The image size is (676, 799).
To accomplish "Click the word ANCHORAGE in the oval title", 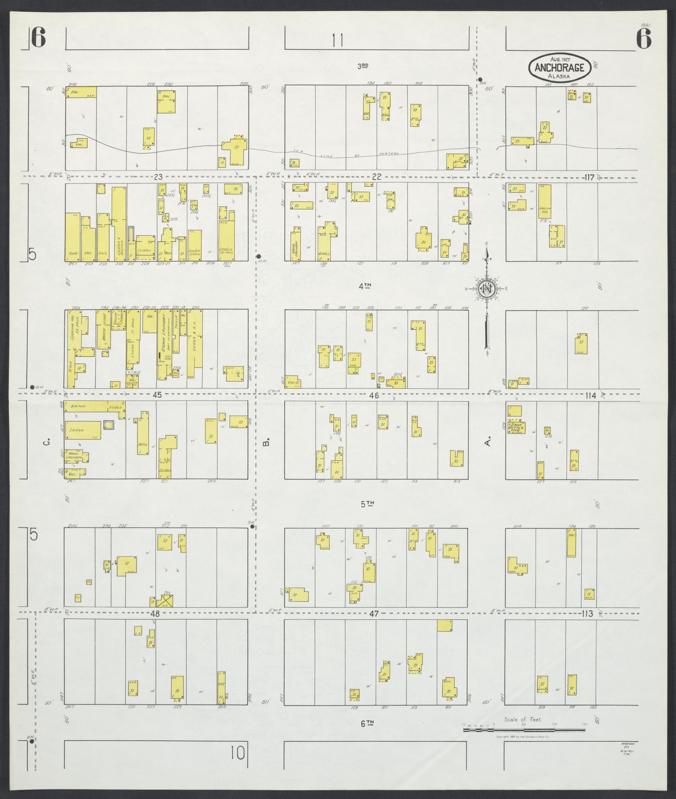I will [x=559, y=68].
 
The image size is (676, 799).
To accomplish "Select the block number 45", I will [x=158, y=395].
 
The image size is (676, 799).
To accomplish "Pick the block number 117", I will [x=589, y=178].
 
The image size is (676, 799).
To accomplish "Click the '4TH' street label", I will [x=365, y=286].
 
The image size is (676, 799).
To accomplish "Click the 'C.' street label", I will [x=46, y=442].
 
